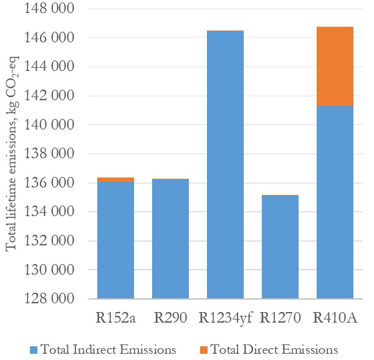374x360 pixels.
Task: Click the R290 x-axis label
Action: point(171,318)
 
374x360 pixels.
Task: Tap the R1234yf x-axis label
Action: point(225,318)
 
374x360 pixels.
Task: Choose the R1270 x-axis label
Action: point(280,318)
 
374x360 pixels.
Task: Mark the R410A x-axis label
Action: point(335,318)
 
